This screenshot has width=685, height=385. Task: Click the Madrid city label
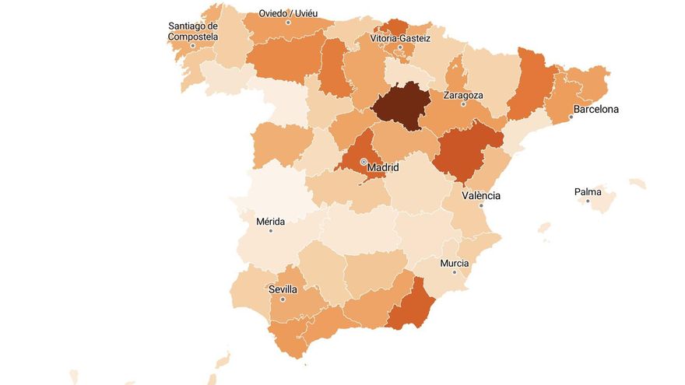[x=383, y=167]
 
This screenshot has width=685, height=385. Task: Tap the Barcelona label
[x=596, y=109]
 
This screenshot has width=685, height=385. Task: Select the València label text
[x=481, y=195]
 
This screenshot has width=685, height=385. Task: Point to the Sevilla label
[x=283, y=289]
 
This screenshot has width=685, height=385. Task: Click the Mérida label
[x=270, y=221]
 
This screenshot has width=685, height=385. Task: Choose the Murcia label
[x=455, y=263]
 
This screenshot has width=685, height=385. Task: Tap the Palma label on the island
[x=588, y=191]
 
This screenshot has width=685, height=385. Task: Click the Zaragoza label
[x=463, y=95]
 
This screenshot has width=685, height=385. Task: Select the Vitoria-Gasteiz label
[x=400, y=37]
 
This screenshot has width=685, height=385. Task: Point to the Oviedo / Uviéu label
[x=288, y=13]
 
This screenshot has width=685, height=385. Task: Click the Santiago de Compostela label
[x=193, y=31]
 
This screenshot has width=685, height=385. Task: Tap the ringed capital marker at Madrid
[x=363, y=162]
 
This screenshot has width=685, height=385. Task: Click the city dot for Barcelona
[x=571, y=117]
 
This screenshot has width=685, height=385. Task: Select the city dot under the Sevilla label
[x=283, y=299]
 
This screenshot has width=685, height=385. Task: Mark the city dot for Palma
[x=588, y=201]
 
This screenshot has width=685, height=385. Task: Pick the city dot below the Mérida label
[x=271, y=230]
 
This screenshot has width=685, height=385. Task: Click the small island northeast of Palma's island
[x=638, y=184]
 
